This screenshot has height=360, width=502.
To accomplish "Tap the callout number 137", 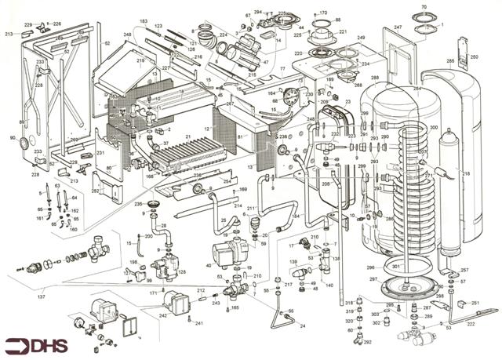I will (x=41, y=297).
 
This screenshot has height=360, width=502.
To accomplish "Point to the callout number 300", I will (x=434, y=128).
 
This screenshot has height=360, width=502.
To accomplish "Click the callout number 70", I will (x=424, y=8).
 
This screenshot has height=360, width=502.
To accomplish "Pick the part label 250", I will (x=474, y=57).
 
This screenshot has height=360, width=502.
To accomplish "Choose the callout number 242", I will (x=162, y=315).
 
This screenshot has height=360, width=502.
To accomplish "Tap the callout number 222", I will (x=470, y=323).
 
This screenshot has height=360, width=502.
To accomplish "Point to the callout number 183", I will (x=144, y=20).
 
